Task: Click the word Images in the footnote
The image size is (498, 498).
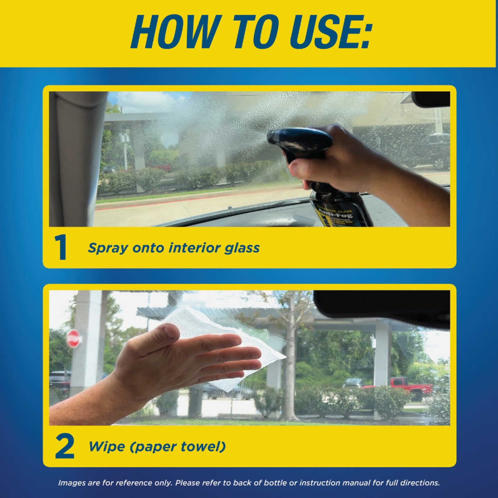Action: (x=72, y=483)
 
